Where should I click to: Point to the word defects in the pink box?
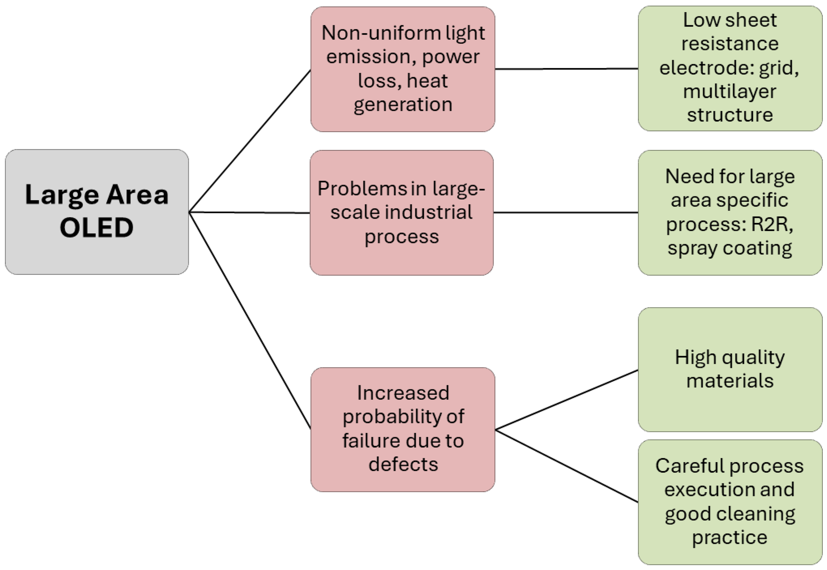[403, 464]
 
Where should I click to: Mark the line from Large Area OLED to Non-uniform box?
[250, 141]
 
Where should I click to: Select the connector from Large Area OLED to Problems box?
[250, 213]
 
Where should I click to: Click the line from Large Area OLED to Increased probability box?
[250, 320]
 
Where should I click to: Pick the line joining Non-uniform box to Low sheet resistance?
[566, 69]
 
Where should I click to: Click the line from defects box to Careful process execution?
[566, 466]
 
